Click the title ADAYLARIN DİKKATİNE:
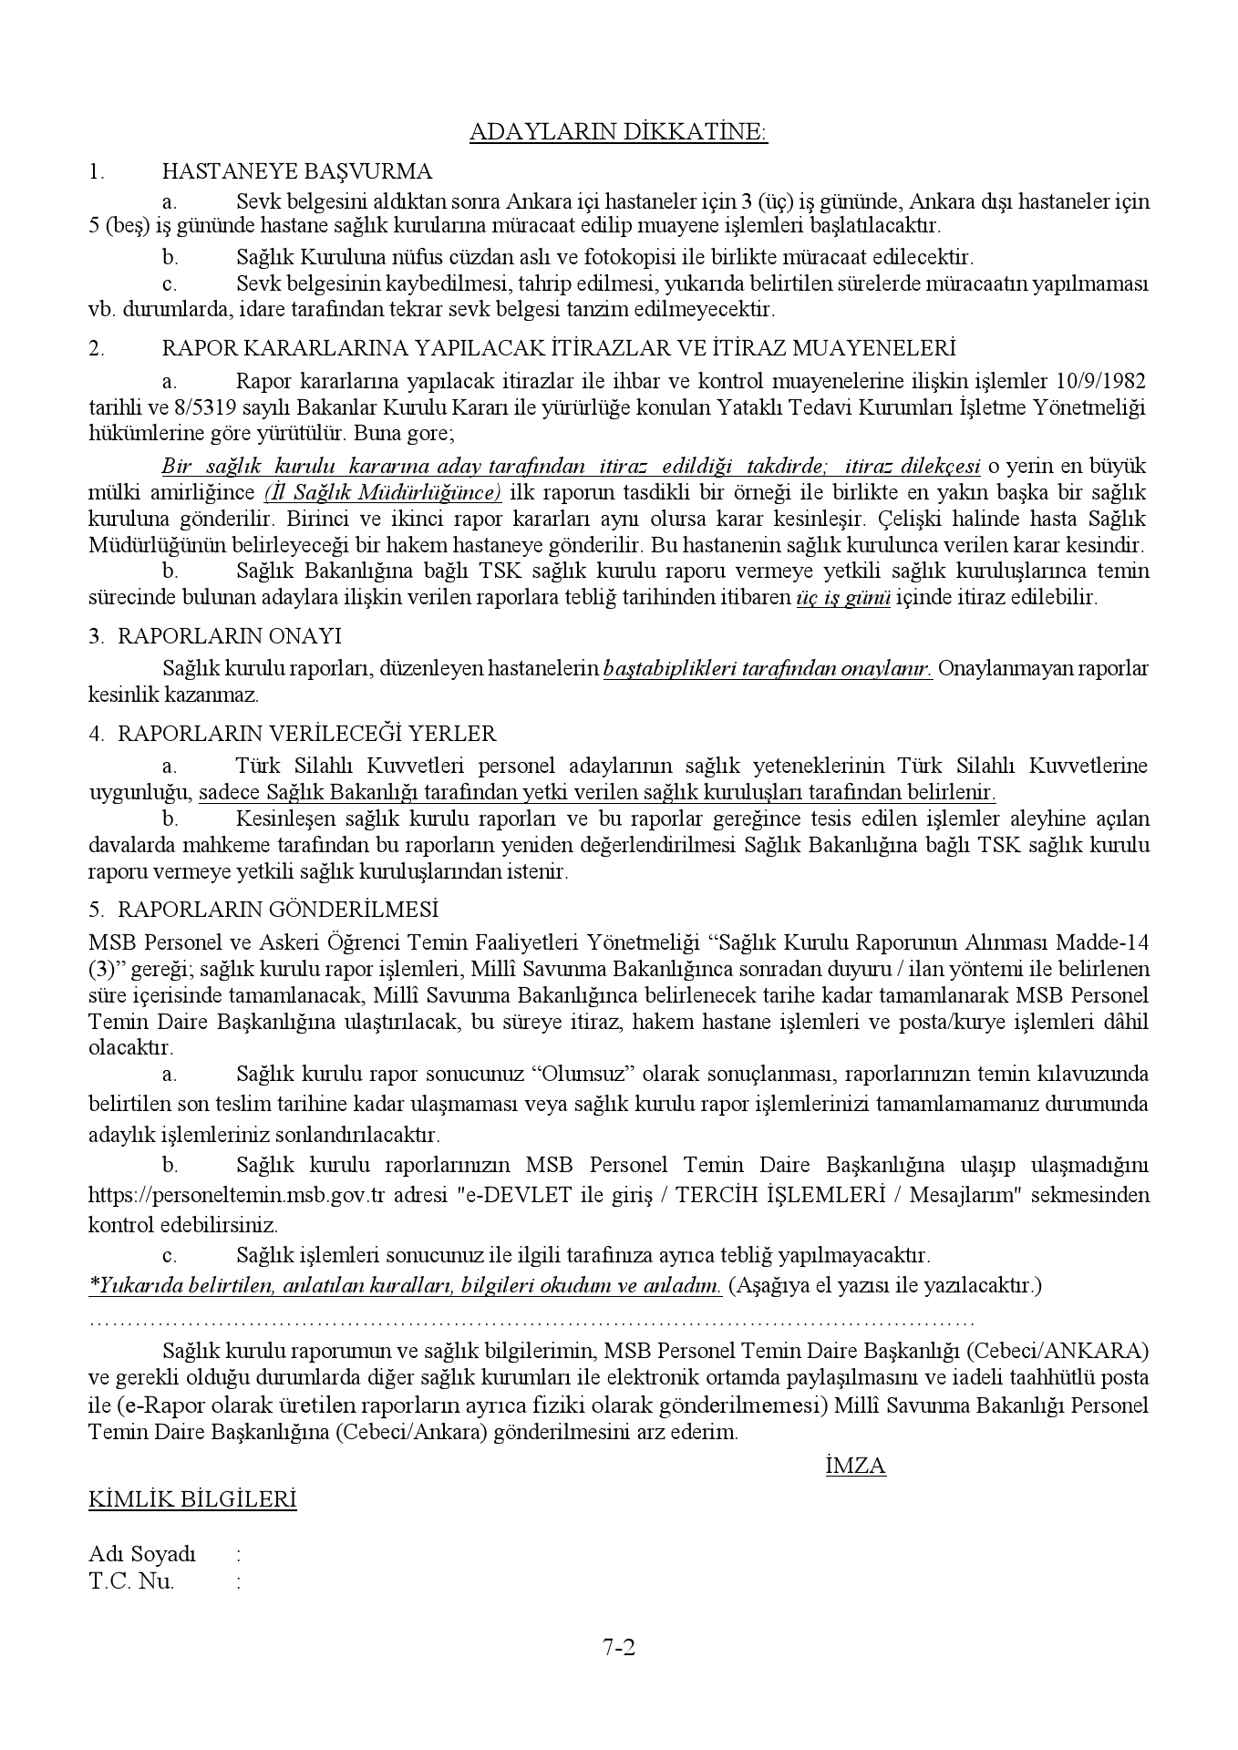coord(618,133)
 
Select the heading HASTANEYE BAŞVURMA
coord(296,171)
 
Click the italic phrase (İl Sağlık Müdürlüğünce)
coord(383,493)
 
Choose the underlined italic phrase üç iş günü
coord(841,598)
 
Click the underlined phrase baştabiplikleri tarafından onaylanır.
coord(768,668)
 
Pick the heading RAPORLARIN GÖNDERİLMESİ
coord(278,910)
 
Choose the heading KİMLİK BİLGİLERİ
coord(192,1499)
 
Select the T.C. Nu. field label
coord(131,1581)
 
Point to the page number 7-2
coord(618,1673)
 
